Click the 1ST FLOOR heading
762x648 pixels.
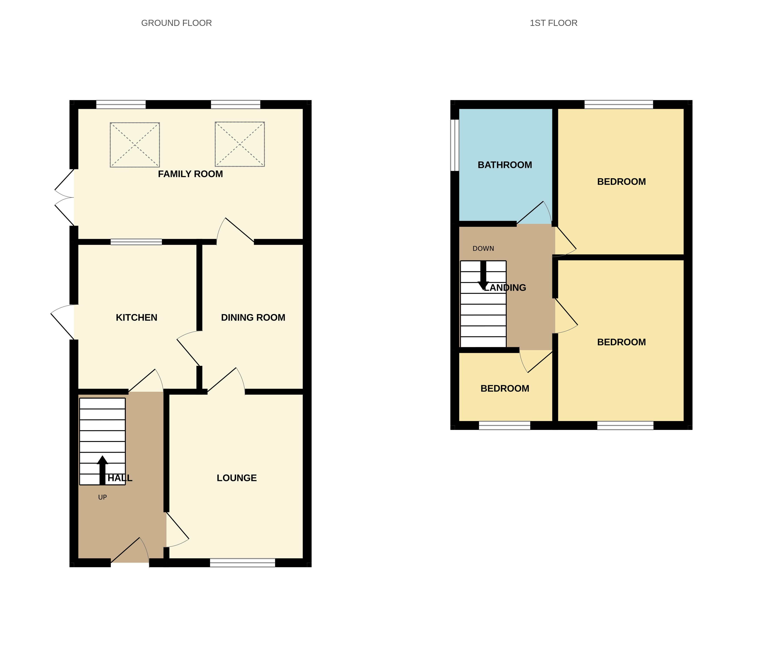click(553, 23)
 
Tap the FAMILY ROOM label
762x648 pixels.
click(190, 174)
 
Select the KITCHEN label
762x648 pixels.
click(136, 317)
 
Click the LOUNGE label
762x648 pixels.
click(237, 478)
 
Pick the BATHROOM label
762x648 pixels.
click(505, 165)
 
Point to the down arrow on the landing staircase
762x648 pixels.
click(483, 275)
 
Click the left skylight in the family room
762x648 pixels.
click(135, 145)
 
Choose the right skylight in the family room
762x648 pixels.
click(240, 144)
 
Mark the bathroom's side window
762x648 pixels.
click(455, 145)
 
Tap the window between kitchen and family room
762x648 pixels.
click(136, 242)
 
